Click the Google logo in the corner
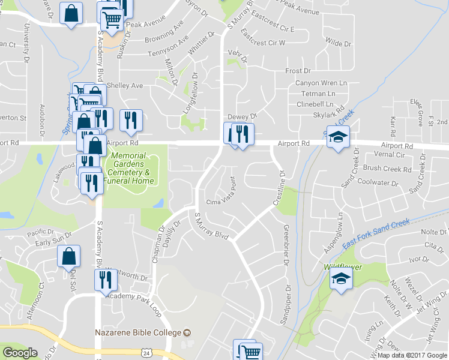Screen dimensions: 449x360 (x=20, y=353)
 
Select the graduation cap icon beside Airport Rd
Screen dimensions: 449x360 (x=338, y=138)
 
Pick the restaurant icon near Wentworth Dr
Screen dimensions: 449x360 (x=104, y=280)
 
